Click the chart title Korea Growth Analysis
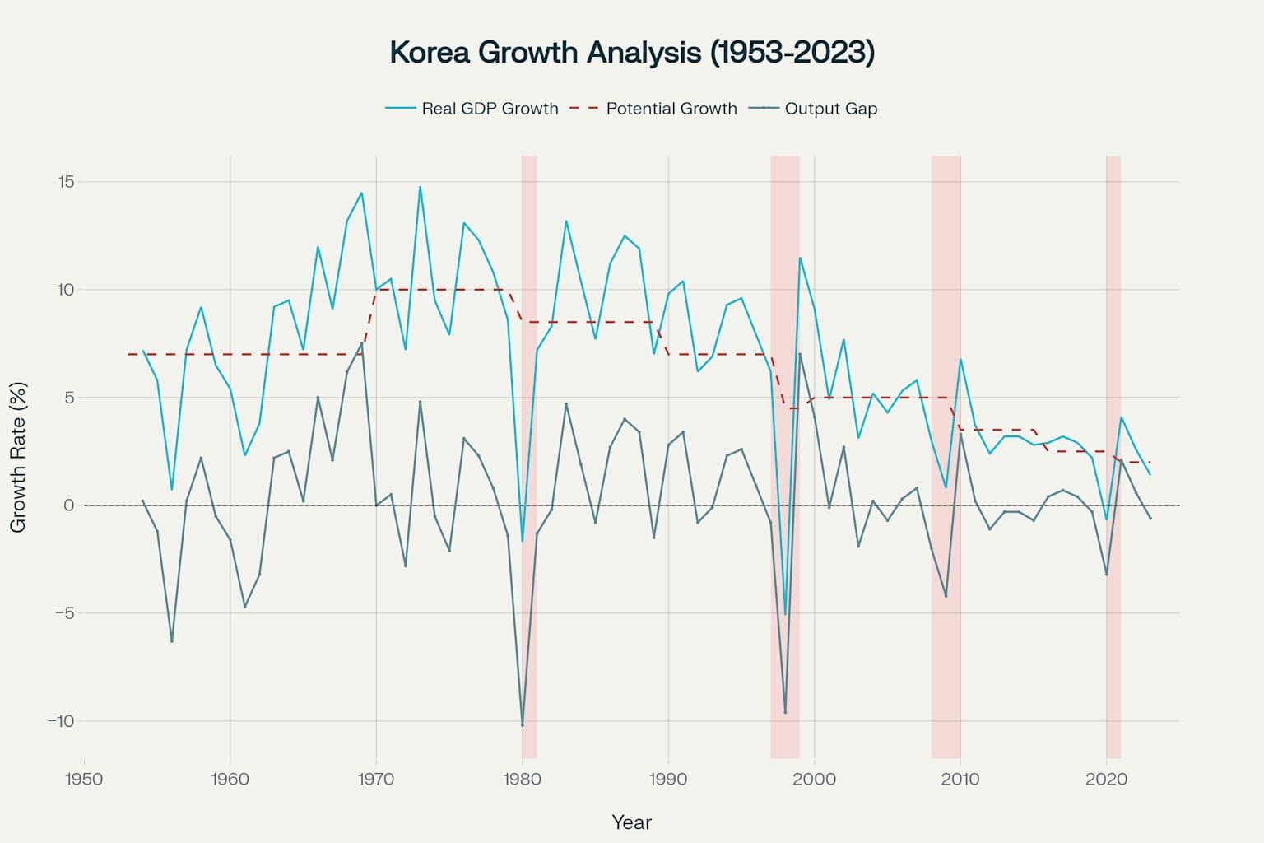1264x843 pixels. [632, 52]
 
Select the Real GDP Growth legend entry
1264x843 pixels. [472, 109]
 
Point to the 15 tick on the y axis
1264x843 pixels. [66, 182]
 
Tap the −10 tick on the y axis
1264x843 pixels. [60, 721]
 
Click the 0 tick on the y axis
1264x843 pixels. [69, 505]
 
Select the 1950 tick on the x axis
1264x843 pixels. [84, 780]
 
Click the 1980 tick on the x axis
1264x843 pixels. [523, 780]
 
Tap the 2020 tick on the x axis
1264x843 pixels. [1107, 780]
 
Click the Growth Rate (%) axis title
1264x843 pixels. [18, 457]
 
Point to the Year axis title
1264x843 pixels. [632, 822]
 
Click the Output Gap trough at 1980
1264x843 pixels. [523, 725]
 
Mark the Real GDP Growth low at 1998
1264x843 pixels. [785, 614]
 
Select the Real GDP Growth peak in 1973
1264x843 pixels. [420, 187]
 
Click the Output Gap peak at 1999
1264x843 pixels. [800, 354]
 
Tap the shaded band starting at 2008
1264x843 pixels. [946, 457]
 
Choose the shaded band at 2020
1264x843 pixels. [1113, 457]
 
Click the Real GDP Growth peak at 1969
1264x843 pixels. [361, 193]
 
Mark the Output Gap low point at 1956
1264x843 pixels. [172, 640]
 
